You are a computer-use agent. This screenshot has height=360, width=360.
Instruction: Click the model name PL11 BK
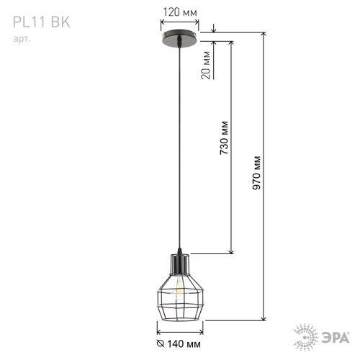pyautogui.click(x=41, y=22)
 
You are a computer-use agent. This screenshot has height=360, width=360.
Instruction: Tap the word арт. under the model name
pyautogui.click(x=22, y=39)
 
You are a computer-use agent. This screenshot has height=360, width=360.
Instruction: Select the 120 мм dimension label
pyautogui.click(x=180, y=12)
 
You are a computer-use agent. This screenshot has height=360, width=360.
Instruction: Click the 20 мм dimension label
pyautogui.click(x=206, y=65)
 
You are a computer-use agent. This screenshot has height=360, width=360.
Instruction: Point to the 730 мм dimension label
pyautogui.click(x=224, y=138)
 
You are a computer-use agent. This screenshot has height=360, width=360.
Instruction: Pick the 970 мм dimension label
pyautogui.click(x=256, y=173)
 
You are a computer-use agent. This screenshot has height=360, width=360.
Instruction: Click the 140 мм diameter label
pyautogui.click(x=184, y=344)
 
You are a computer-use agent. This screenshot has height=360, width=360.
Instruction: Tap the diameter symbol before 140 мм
pyautogui.click(x=161, y=343)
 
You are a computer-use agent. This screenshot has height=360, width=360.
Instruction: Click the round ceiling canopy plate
pyautogui.click(x=180, y=38)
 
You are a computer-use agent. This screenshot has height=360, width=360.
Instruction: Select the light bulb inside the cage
pyautogui.click(x=179, y=287)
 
